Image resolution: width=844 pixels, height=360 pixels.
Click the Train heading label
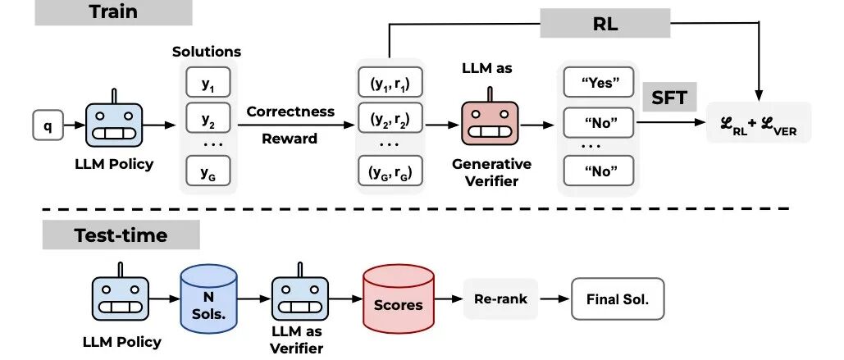113,11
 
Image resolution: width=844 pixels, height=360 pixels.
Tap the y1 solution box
208,83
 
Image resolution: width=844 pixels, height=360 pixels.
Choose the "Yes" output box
598,83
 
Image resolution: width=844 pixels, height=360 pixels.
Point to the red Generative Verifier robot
490,125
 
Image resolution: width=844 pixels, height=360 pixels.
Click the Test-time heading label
121,235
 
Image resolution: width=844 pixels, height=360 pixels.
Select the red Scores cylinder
398,303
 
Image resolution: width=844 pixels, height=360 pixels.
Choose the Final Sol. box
617,300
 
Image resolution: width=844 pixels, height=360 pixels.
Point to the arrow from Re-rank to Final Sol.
556,301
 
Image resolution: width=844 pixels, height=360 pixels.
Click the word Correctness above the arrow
290,111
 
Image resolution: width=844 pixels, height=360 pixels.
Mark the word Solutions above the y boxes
207,52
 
